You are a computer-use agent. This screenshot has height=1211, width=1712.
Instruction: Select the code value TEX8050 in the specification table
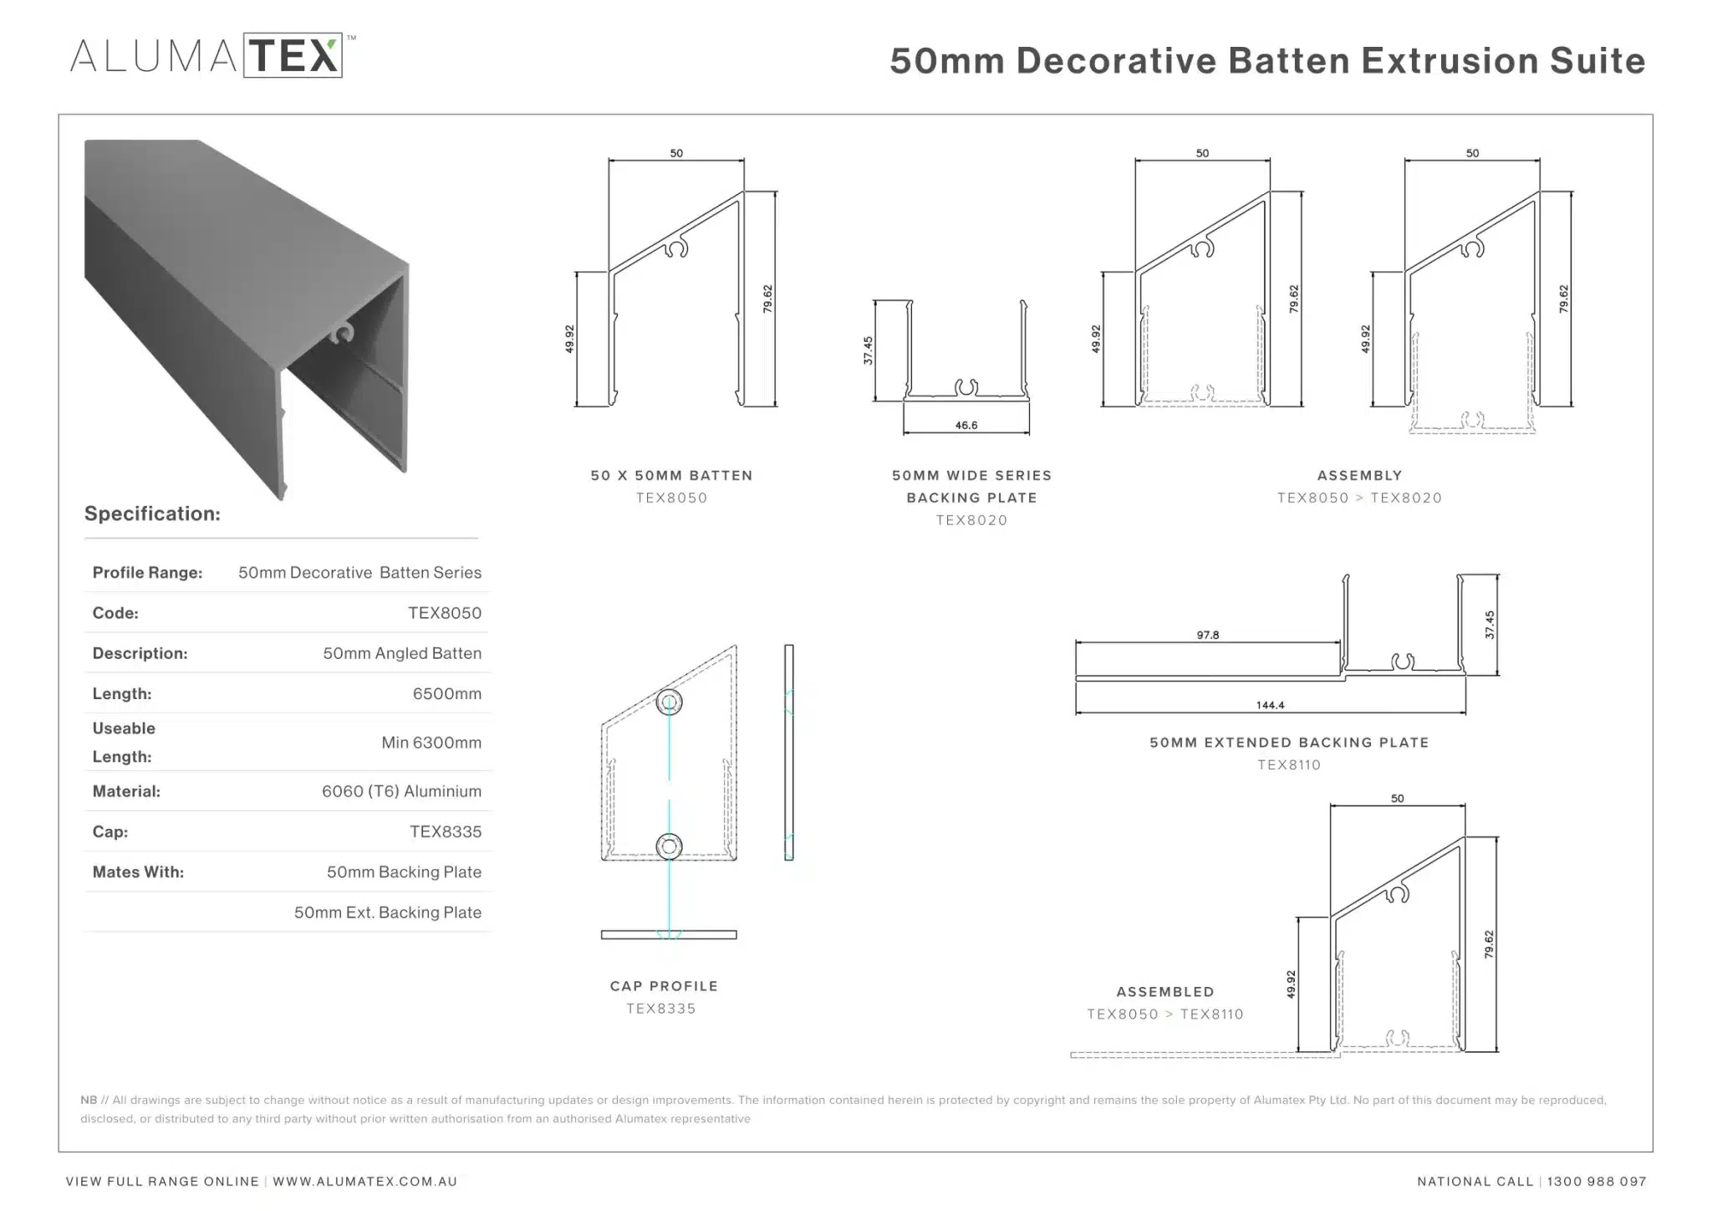pyautogui.click(x=445, y=613)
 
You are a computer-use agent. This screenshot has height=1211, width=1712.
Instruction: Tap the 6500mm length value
pyautogui.click(x=446, y=694)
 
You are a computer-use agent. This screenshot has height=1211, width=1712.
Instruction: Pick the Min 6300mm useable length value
pyautogui.click(x=431, y=743)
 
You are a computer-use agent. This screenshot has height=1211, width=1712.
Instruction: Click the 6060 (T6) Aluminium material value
pyautogui.click(x=401, y=791)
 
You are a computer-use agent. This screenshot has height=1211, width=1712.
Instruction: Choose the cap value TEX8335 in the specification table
pyautogui.click(x=446, y=832)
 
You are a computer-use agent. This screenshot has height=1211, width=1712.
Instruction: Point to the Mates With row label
pyautogui.click(x=138, y=872)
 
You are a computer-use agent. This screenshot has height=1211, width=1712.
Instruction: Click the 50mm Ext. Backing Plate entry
pyautogui.click(x=387, y=912)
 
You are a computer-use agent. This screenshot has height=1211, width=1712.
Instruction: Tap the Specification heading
pyautogui.click(x=152, y=514)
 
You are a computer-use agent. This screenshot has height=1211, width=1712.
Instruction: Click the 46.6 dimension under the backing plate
pyautogui.click(x=966, y=426)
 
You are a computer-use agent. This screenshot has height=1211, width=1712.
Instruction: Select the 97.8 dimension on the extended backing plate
pyautogui.click(x=1208, y=636)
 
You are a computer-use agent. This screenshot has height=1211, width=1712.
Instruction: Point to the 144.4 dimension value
pyautogui.click(x=1270, y=706)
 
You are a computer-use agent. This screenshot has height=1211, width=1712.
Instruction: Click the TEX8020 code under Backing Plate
pyautogui.click(x=971, y=520)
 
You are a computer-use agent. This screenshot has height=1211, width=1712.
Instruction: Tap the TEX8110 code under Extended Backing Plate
pyautogui.click(x=1289, y=765)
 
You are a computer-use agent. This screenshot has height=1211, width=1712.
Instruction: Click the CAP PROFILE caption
pyautogui.click(x=664, y=987)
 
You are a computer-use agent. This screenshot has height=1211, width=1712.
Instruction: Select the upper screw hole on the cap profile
pyautogui.click(x=669, y=703)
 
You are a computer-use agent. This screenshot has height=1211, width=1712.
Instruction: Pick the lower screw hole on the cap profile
pyautogui.click(x=669, y=846)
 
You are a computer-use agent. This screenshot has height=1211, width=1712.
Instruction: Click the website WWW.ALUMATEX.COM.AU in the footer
pyautogui.click(x=364, y=1182)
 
